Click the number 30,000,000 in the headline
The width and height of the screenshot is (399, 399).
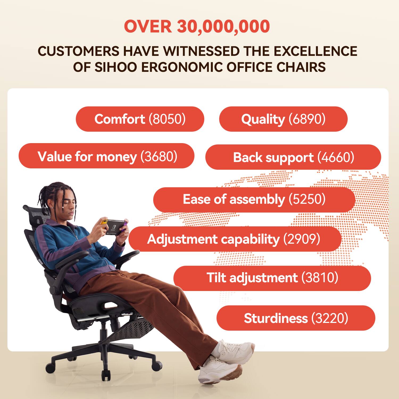[x=223, y=27]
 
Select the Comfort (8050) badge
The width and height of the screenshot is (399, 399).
[x=140, y=119]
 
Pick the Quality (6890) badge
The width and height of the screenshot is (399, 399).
[x=283, y=119]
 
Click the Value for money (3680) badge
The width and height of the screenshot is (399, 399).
[x=106, y=156]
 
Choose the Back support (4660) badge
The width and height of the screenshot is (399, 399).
[x=293, y=157]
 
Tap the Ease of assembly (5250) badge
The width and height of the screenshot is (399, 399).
[x=254, y=199]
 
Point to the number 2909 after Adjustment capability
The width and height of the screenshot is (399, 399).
[x=302, y=239]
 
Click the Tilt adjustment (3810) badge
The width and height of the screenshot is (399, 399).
[x=272, y=278]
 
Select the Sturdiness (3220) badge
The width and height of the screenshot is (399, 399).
[x=296, y=318]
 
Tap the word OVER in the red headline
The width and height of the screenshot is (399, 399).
[x=148, y=27]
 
